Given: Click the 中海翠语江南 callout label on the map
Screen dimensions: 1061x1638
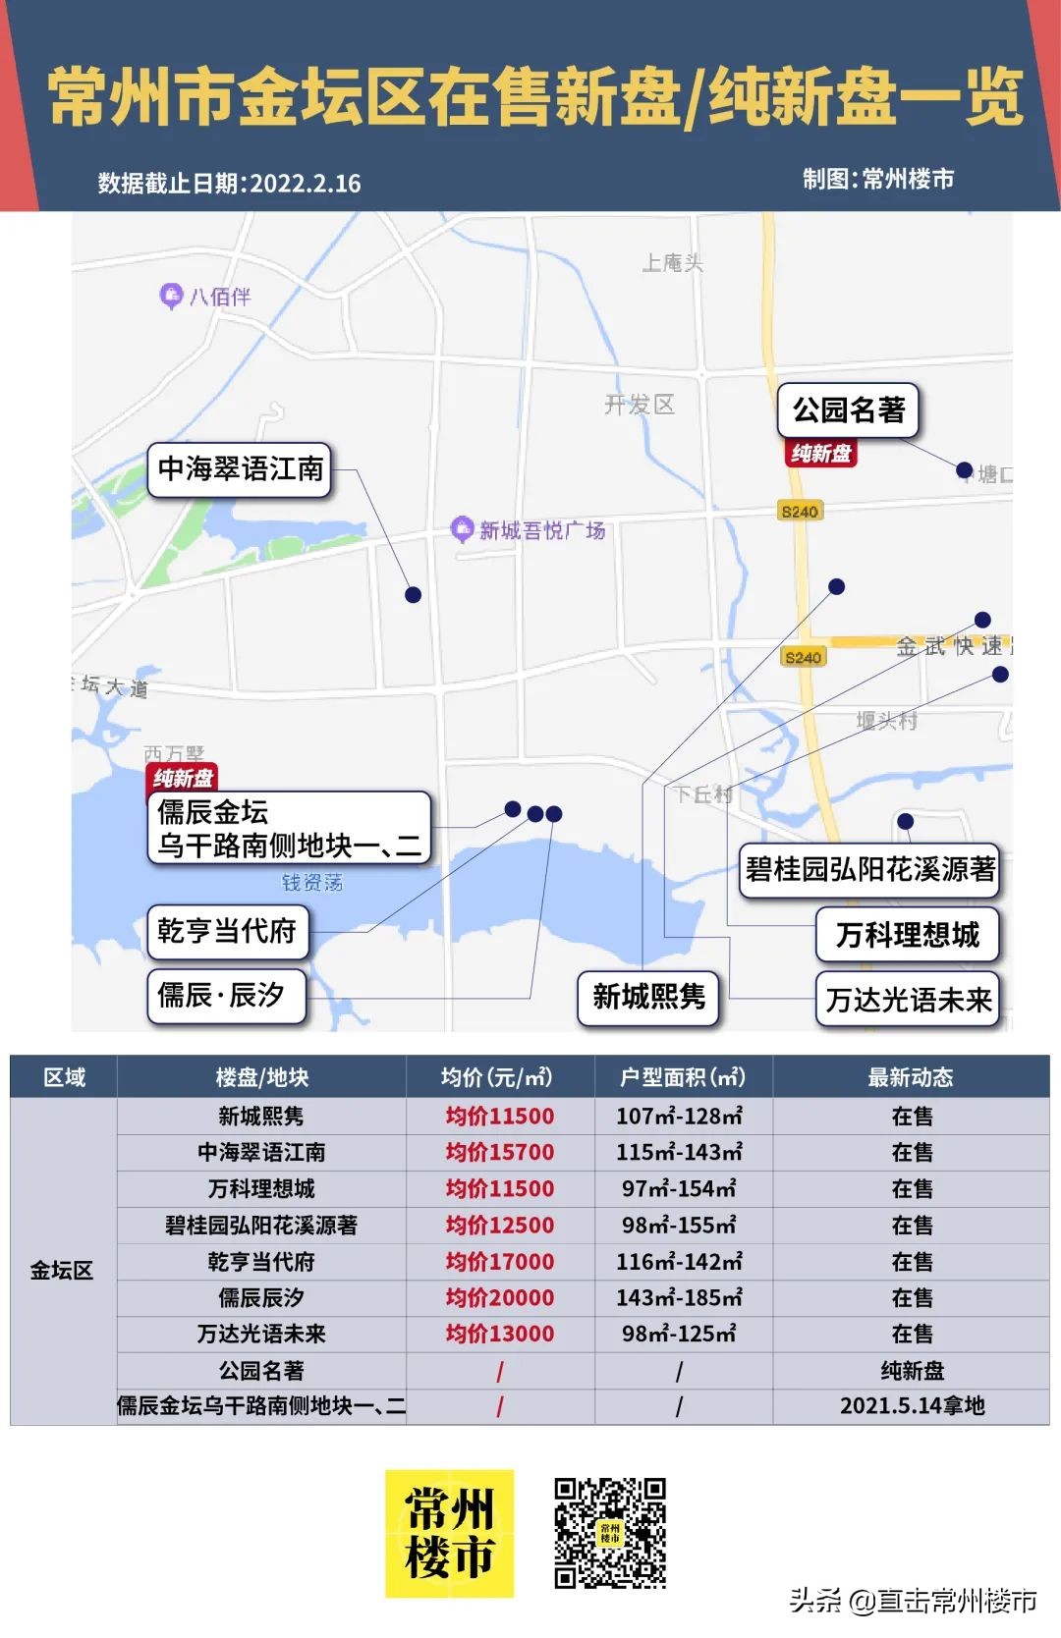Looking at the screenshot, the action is [240, 469].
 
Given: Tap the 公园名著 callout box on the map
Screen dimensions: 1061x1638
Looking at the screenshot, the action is [848, 409].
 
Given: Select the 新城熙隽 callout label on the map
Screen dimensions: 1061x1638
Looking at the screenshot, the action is [648, 998].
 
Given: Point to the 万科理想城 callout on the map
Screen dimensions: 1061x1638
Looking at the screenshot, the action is [908, 934].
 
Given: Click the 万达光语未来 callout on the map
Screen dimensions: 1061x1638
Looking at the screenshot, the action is [908, 1000].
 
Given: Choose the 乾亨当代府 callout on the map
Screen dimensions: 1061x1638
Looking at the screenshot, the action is [227, 931].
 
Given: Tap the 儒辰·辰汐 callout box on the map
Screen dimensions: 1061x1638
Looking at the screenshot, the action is [226, 996].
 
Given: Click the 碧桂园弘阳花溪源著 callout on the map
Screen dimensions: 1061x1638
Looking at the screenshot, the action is [869, 869].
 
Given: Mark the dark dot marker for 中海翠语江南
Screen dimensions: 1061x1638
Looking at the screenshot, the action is [414, 595].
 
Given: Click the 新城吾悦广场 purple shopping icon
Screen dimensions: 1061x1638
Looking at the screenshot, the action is [461, 528].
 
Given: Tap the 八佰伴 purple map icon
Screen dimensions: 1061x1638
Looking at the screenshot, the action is [171, 294].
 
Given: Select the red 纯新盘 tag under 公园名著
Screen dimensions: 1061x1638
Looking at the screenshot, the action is [821, 453].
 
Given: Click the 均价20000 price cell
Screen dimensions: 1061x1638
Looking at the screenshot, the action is [499, 1297].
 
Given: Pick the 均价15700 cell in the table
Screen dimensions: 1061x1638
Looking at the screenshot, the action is [499, 1152].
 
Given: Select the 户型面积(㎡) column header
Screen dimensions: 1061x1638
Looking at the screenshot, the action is [683, 1077].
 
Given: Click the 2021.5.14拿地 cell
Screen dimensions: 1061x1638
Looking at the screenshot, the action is [912, 1406].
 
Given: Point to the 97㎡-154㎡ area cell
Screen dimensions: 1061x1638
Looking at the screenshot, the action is [679, 1188].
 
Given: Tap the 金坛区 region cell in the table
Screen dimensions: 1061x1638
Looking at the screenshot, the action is [62, 1270].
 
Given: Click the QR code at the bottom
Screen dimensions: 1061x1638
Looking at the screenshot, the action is [610, 1532].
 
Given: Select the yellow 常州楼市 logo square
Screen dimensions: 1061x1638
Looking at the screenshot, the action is [449, 1533].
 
